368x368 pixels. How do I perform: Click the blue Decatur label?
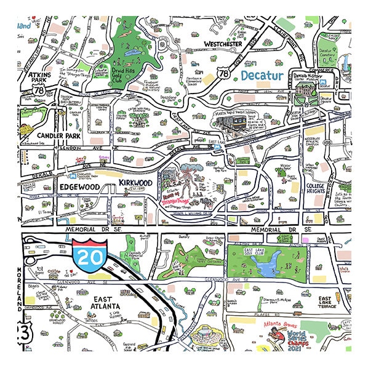click(262, 76)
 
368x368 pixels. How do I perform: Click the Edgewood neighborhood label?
click(79, 185)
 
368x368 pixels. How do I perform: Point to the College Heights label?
click(320, 188)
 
